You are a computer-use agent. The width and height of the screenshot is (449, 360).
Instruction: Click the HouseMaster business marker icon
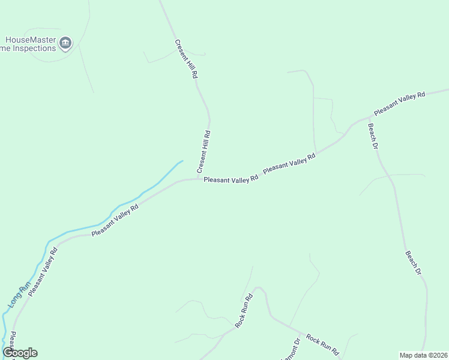coord(65,42)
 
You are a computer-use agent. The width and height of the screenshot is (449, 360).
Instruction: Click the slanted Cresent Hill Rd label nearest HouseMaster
coord(186,59)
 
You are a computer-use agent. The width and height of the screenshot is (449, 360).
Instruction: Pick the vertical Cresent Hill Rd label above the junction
coord(203,152)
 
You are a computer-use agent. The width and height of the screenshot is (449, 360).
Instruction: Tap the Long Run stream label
coord(19,296)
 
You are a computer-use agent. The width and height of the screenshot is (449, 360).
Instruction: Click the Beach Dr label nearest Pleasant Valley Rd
coord(373,136)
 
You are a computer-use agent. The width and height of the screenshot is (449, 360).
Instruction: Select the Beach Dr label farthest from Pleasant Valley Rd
coord(414,263)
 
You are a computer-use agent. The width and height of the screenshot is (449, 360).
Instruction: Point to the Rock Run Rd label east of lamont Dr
coord(322,346)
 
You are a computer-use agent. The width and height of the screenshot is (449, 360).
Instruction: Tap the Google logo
coord(20,353)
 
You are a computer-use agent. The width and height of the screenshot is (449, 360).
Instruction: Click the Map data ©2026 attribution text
coord(423,355)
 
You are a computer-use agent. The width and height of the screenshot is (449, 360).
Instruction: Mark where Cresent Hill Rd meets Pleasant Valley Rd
coord(200,178)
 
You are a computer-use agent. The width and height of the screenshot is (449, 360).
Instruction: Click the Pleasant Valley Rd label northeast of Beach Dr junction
coord(399,103)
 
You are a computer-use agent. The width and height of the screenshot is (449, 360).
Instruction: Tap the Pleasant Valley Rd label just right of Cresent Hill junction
coord(231,179)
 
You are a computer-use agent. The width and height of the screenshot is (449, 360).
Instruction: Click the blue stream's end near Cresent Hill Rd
coord(182,161)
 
